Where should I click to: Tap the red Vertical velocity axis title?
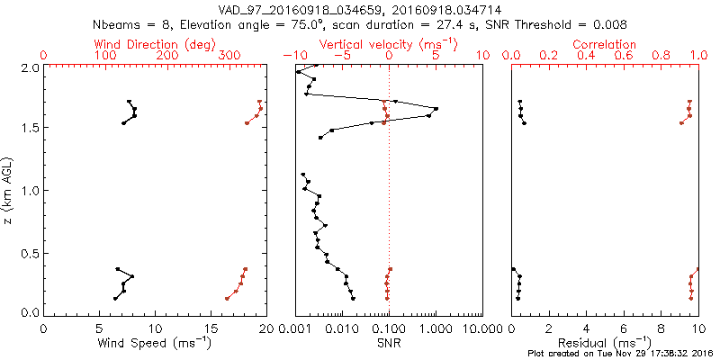point(389,44)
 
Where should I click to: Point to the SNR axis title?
point(389,343)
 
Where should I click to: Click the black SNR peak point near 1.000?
point(436,109)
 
